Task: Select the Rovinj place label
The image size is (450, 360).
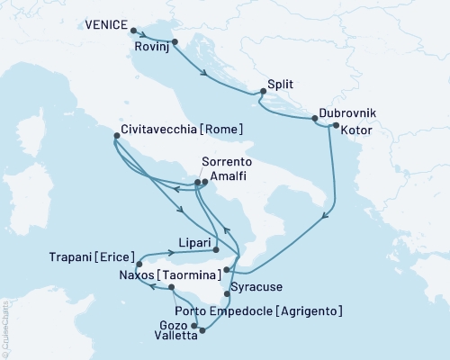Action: coord(150,46)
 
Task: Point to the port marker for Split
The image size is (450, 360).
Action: coord(262,91)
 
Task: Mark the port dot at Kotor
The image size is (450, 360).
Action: coord(335,127)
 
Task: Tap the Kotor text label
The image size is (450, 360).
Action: coord(357,130)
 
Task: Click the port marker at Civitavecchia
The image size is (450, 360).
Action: coord(115,137)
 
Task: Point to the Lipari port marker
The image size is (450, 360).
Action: coord(217,249)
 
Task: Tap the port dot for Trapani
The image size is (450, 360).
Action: coord(139,265)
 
